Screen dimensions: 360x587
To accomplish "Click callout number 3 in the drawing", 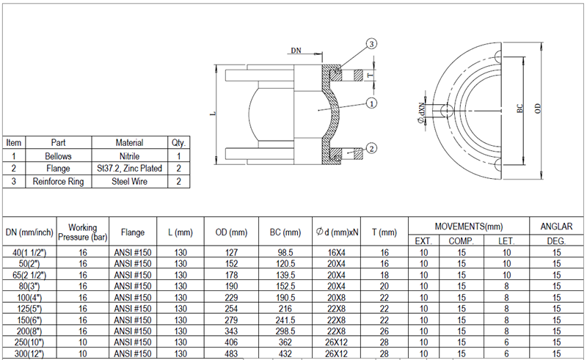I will coord(371,45).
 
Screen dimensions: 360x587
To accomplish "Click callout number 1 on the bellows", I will coord(371,103).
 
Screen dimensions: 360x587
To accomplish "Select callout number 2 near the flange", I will coord(371,149).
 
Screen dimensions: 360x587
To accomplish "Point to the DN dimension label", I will coord(296,51).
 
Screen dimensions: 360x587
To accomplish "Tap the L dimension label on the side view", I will coord(212,114).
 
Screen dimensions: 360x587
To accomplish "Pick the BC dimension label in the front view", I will coord(519,108).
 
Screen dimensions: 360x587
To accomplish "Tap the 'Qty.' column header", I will coord(178,143).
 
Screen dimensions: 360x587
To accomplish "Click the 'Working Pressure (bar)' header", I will coord(82,232).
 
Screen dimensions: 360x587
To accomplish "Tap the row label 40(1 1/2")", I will coord(29,252).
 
